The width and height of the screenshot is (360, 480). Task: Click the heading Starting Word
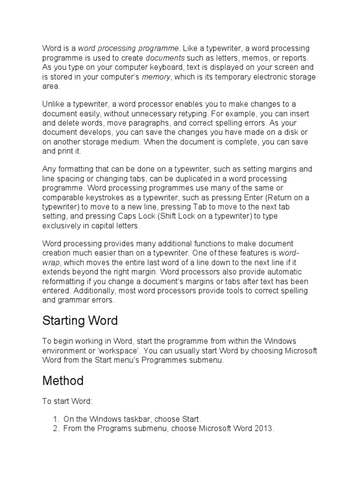click(x=80, y=321)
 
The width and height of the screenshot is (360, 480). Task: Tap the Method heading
click(x=63, y=381)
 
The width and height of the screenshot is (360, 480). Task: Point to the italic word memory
click(x=156, y=77)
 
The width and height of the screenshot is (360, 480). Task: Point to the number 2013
click(x=263, y=428)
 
